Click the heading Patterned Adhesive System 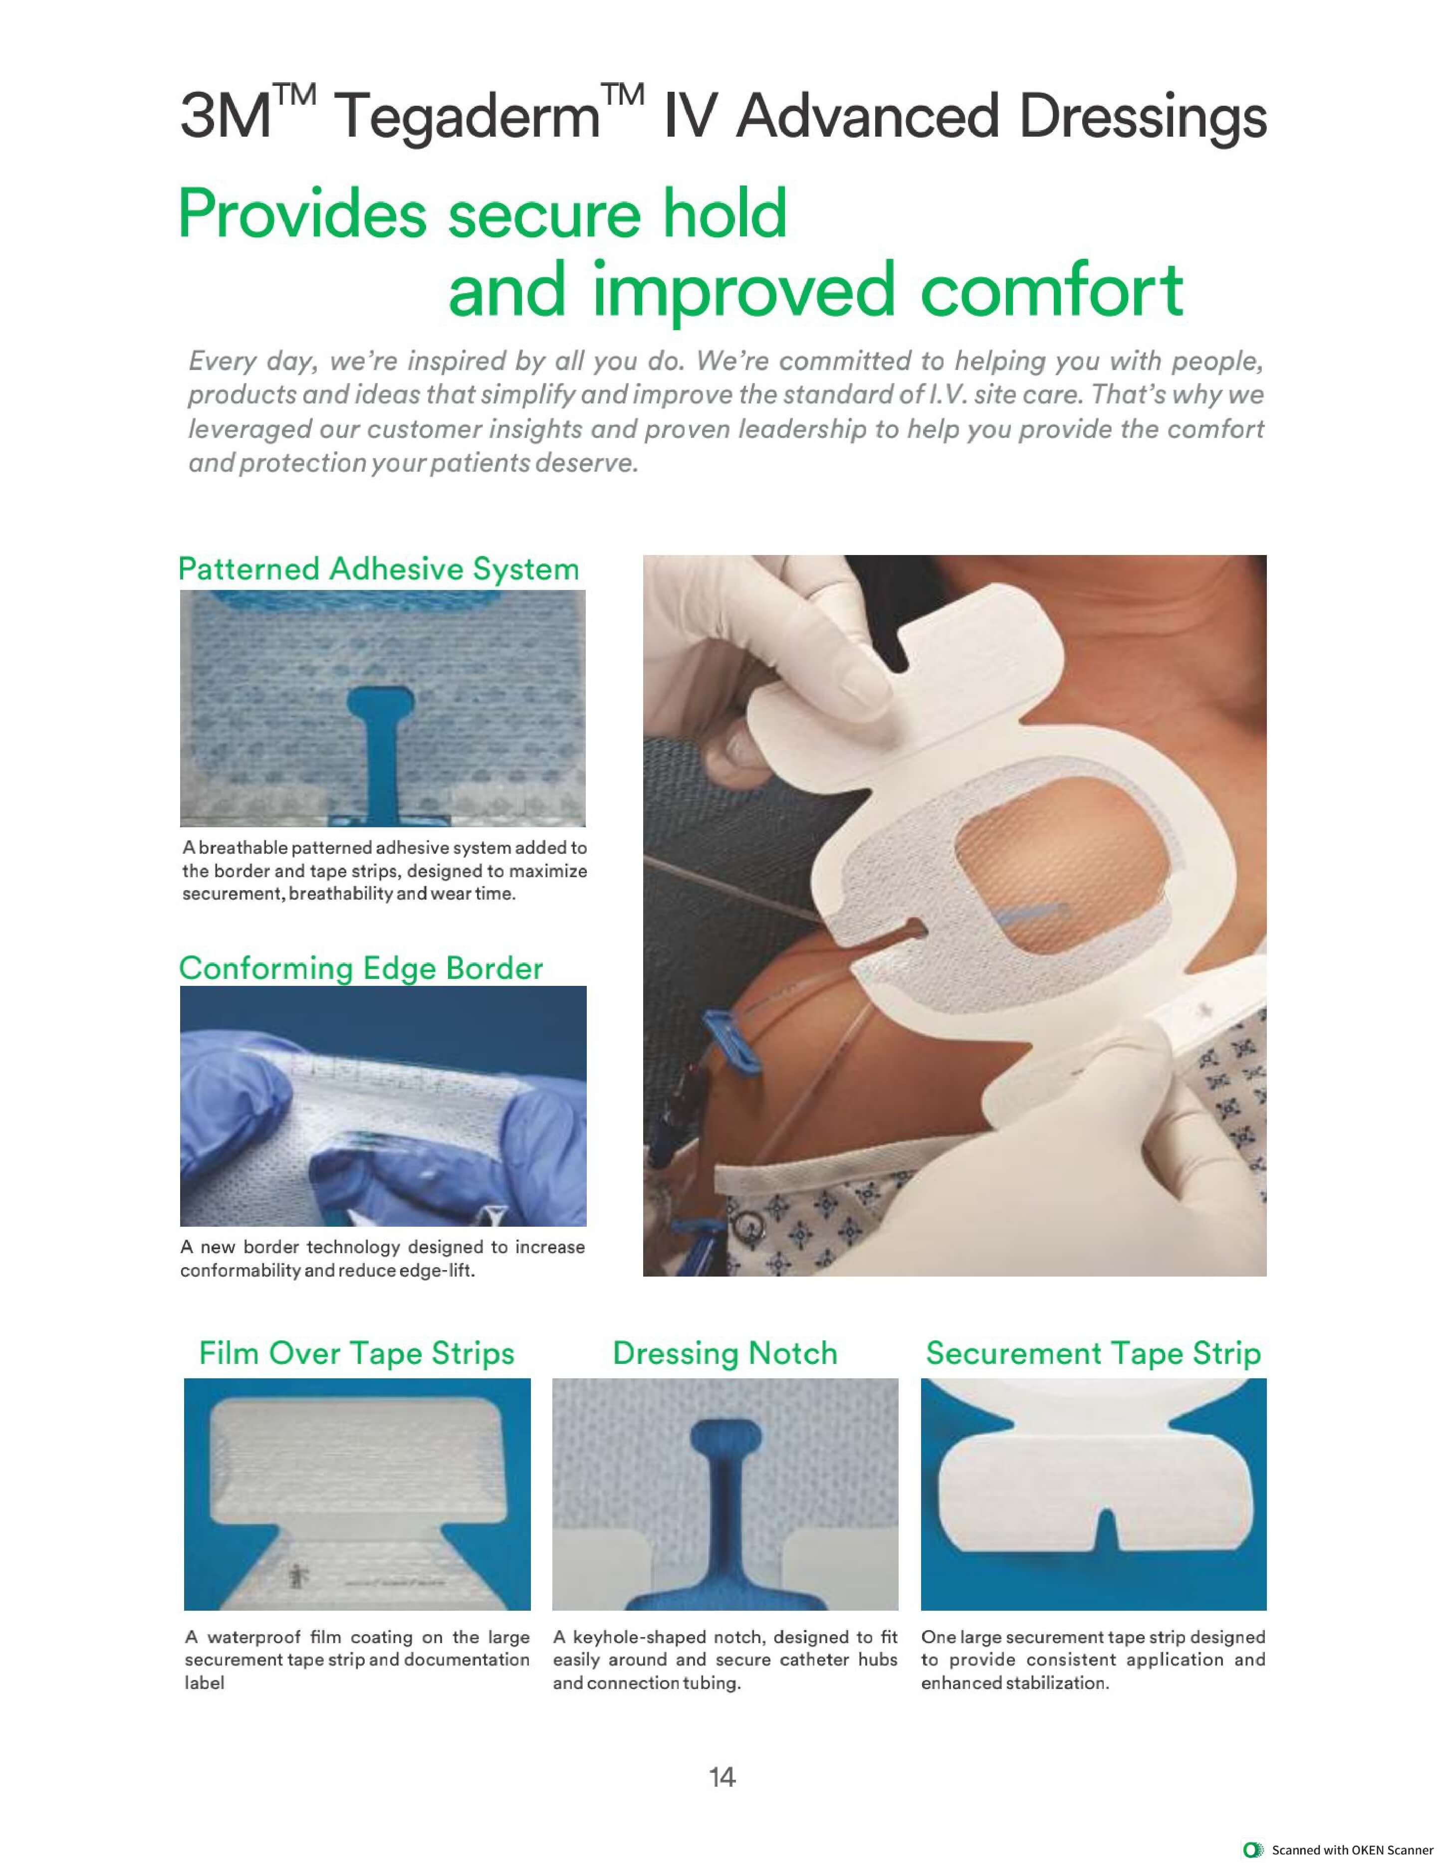click(379, 569)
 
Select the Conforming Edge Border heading click(361, 968)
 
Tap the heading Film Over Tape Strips click(356, 1354)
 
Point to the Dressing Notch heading click(724, 1354)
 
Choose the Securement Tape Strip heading click(1093, 1354)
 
